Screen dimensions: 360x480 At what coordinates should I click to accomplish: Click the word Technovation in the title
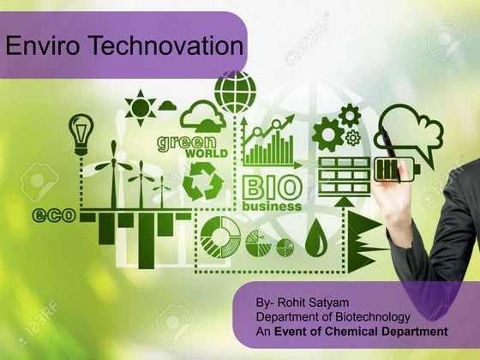[x=159, y=47]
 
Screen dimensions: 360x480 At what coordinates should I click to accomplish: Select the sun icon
[x=140, y=107]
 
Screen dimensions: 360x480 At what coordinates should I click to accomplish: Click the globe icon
[x=235, y=92]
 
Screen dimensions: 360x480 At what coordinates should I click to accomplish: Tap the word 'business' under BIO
[x=272, y=206]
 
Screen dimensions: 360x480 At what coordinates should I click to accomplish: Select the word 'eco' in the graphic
[x=54, y=215]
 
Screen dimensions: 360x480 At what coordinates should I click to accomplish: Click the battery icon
[x=389, y=169]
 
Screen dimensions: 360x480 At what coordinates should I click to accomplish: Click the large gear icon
[x=327, y=135]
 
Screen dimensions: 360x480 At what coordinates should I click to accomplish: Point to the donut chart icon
[x=220, y=237]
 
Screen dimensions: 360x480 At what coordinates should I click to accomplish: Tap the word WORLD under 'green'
[x=206, y=154]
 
